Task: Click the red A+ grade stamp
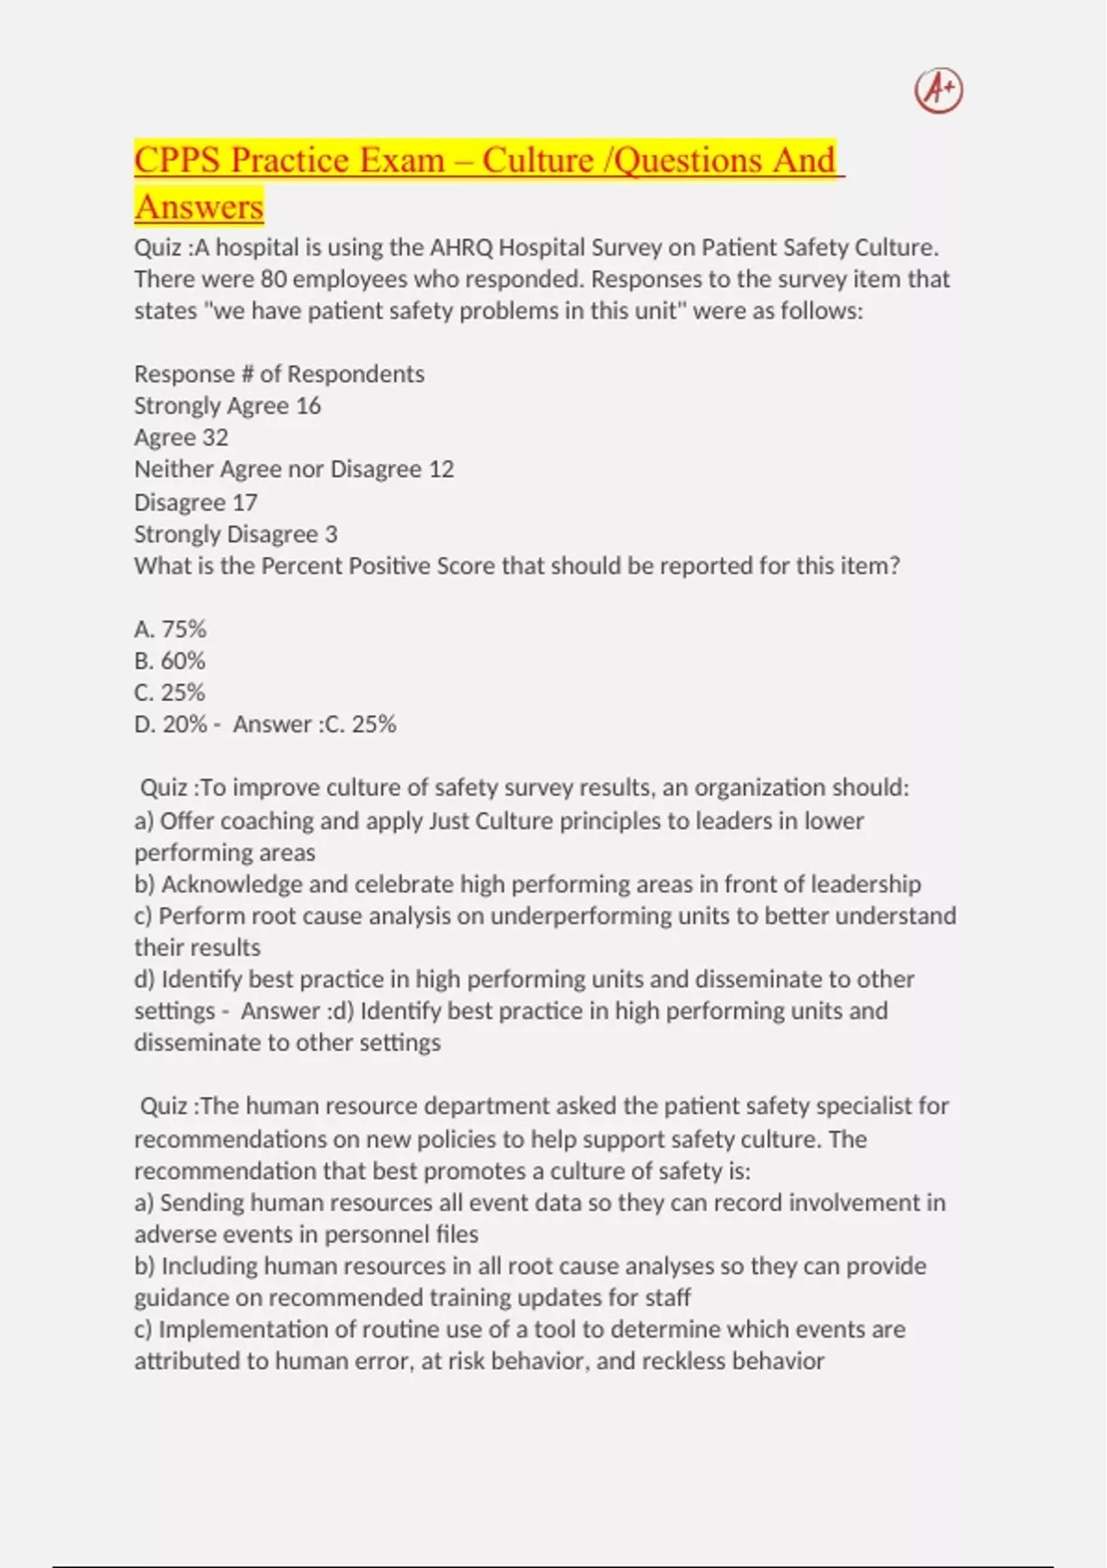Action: point(938,90)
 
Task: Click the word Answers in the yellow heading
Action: point(198,207)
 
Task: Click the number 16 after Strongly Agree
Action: point(308,406)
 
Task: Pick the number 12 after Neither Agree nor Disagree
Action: point(441,469)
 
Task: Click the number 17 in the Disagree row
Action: point(244,503)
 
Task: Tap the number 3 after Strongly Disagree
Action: point(331,534)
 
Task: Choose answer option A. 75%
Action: point(170,629)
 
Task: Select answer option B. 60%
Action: point(170,660)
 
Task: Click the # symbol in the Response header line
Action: point(247,374)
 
